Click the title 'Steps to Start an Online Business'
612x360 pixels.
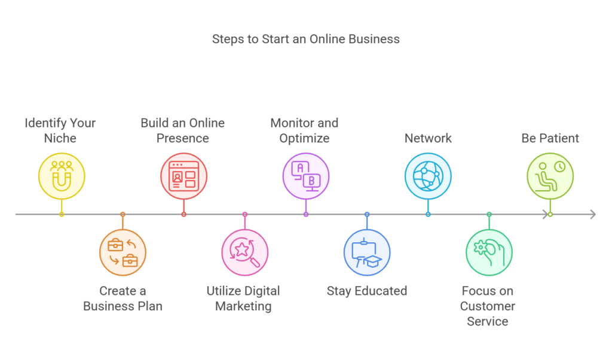[305, 39]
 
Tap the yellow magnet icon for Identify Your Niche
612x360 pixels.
[62, 176]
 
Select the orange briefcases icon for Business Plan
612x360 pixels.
[123, 252]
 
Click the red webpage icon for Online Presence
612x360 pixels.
[183, 176]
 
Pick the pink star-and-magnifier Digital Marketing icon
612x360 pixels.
[244, 252]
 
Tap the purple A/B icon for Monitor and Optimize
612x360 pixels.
[305, 176]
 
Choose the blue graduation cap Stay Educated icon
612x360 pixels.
[366, 252]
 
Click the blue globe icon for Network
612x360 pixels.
[427, 176]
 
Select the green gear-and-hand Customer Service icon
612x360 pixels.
[489, 252]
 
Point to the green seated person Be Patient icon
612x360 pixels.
[550, 176]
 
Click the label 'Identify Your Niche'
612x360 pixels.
[60, 130]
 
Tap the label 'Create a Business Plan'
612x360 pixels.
[123, 298]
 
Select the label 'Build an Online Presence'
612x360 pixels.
[183, 130]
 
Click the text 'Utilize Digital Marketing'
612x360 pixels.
[243, 298]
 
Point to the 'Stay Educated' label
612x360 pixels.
[366, 291]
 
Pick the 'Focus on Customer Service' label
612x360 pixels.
[488, 306]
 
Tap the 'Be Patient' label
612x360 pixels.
[550, 138]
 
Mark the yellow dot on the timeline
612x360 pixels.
[62, 214]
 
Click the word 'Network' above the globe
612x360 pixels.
[428, 138]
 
